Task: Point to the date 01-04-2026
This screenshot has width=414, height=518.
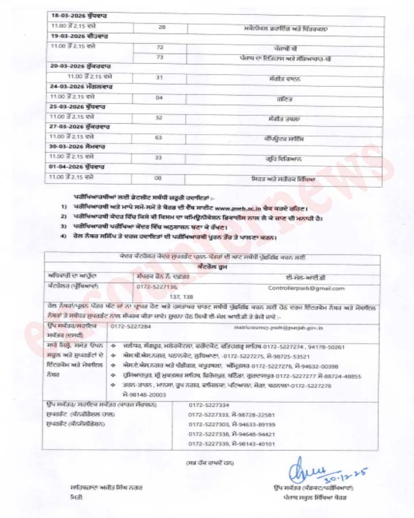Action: point(66,166)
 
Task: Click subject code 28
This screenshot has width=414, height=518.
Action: point(161,27)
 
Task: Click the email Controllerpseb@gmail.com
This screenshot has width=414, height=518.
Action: point(306,288)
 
